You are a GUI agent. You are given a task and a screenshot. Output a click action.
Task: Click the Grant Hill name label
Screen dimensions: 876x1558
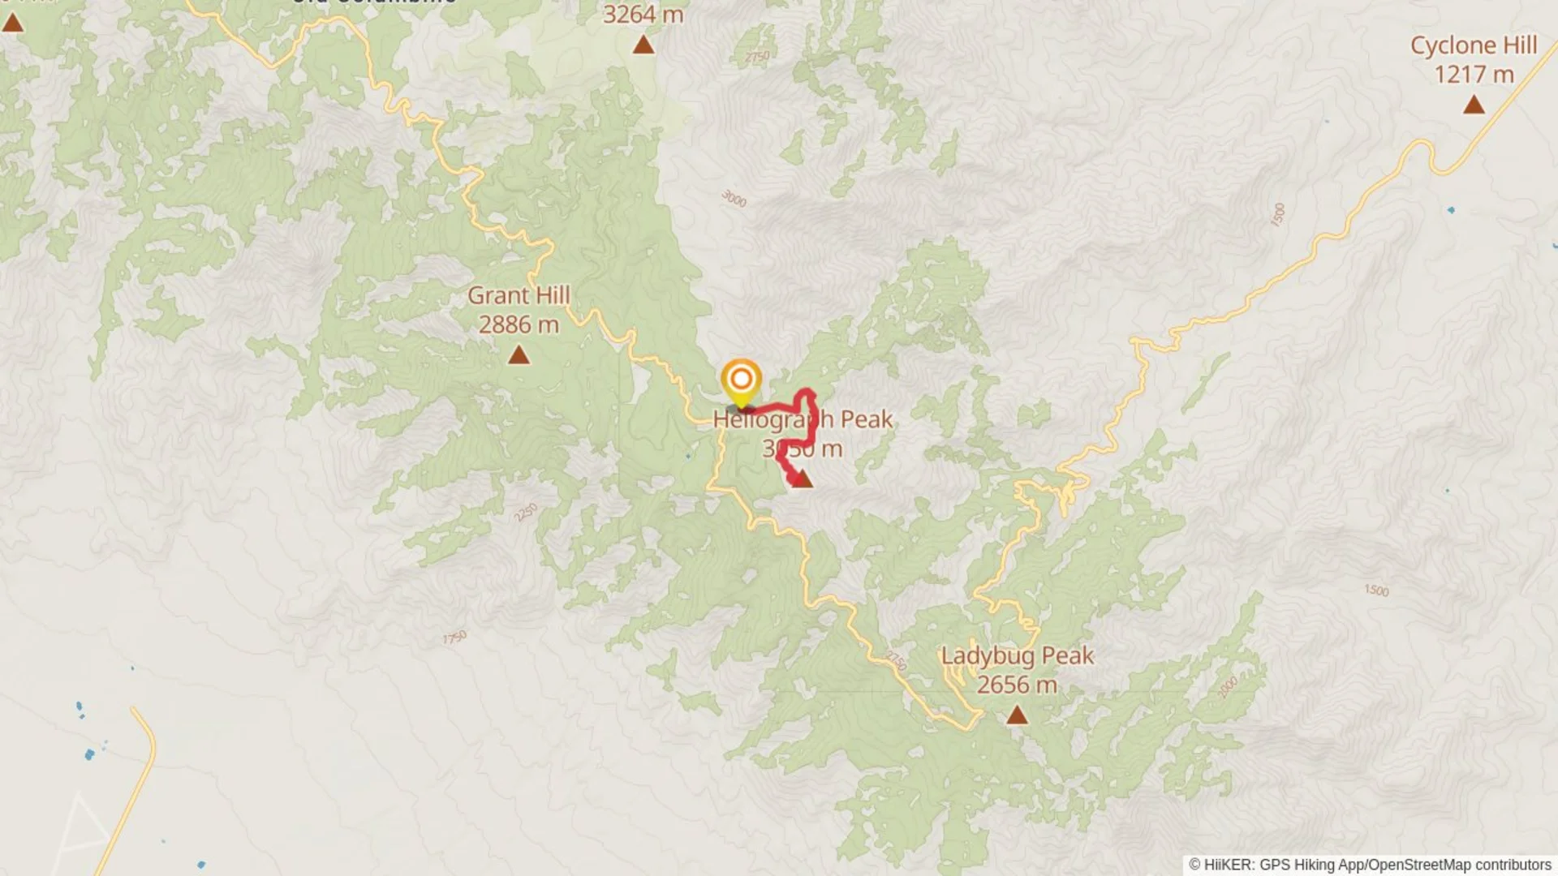click(x=519, y=295)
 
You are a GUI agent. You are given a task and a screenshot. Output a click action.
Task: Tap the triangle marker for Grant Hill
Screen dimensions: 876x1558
click(x=519, y=355)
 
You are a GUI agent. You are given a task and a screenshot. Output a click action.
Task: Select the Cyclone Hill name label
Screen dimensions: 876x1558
click(x=1474, y=45)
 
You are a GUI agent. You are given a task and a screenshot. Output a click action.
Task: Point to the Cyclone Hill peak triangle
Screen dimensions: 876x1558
click(x=1474, y=105)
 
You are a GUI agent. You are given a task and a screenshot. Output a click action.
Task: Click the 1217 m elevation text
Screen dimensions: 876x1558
click(x=1474, y=75)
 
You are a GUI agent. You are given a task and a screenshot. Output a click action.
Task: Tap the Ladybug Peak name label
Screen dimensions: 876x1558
click(x=1017, y=655)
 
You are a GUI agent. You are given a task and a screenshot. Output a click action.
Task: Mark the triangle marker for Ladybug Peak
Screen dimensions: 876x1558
click(x=1017, y=715)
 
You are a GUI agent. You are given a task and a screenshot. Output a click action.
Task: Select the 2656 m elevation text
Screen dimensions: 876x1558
click(x=1017, y=685)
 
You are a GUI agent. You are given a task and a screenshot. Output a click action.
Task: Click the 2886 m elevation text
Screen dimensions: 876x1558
click(x=519, y=325)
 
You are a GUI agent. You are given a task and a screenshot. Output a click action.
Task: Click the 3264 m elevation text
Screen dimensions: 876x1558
click(x=643, y=15)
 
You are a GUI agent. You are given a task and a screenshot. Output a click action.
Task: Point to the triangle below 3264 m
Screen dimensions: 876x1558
click(x=643, y=45)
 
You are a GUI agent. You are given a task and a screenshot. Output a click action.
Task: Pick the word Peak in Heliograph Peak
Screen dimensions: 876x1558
click(x=866, y=419)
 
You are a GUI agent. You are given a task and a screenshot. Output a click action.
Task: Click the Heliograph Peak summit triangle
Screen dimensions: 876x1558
click(x=803, y=480)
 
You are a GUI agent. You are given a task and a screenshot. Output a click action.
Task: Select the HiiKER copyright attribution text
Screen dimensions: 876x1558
click(x=1370, y=865)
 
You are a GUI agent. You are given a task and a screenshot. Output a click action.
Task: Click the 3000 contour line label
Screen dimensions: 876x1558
click(x=734, y=198)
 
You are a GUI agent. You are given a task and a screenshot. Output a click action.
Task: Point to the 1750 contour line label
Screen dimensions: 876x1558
click(x=454, y=638)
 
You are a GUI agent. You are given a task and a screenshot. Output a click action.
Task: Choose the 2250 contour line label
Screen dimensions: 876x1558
click(x=526, y=513)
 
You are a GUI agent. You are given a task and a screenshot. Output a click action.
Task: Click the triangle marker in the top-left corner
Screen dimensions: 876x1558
click(x=12, y=23)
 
